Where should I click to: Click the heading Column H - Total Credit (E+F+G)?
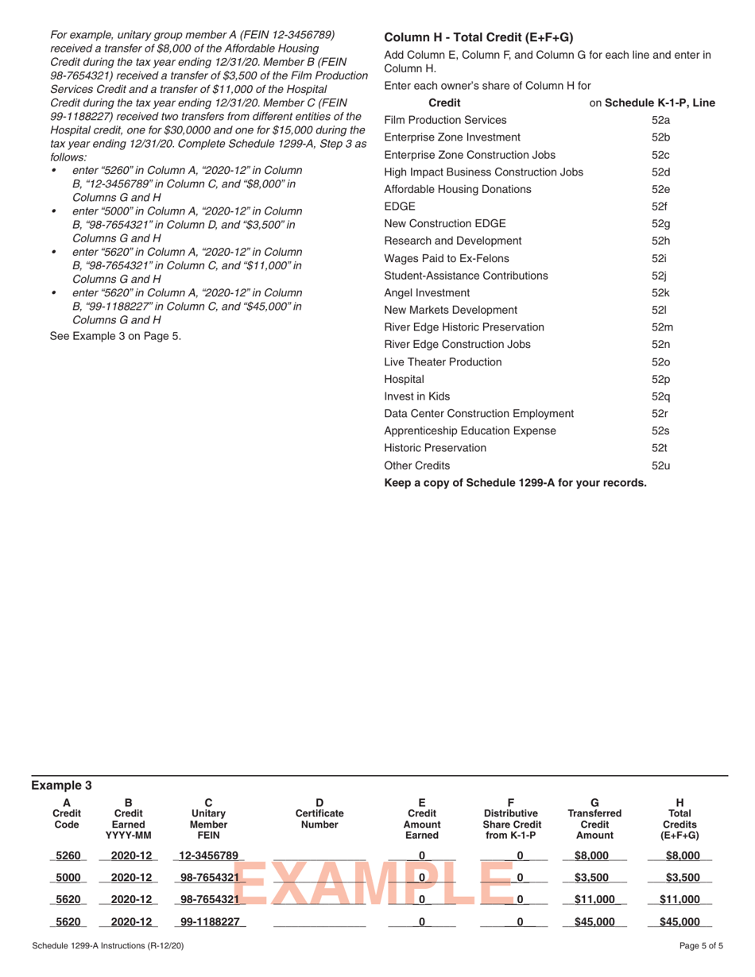click(478, 37)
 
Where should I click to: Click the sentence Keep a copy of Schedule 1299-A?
click(515, 483)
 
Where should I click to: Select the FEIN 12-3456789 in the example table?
click(209, 855)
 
